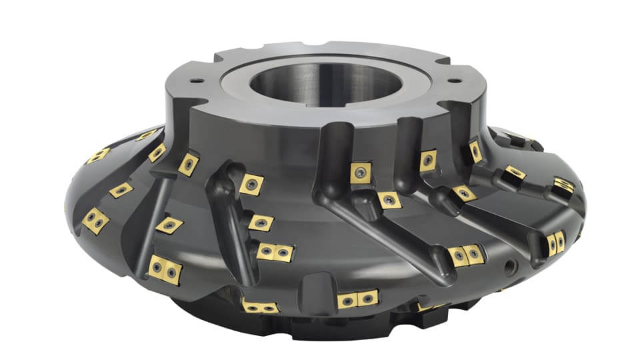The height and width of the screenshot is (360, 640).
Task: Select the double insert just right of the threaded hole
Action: pyautogui.click(x=556, y=243)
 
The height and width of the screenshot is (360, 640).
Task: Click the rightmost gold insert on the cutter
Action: pyautogui.click(x=563, y=186)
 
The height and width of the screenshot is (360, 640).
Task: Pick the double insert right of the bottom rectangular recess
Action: pyautogui.click(x=357, y=299)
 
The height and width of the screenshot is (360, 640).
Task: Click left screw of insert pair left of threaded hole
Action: pyautogui.click(x=458, y=255)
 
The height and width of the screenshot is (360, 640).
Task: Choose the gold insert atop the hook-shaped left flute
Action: pyautogui.click(x=251, y=184)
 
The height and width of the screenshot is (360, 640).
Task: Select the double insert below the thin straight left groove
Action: pyautogui.click(x=165, y=270)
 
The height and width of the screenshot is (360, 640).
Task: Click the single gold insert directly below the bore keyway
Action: pyautogui.click(x=361, y=173)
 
